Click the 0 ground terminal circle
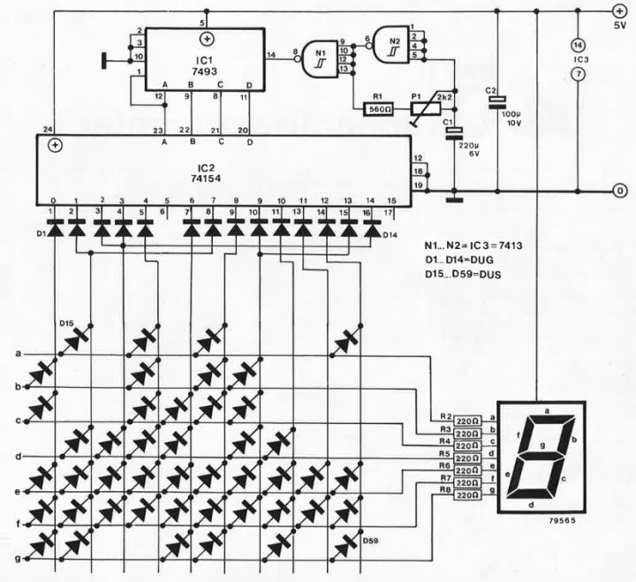coord(618,190)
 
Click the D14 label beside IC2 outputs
coord(392,235)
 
